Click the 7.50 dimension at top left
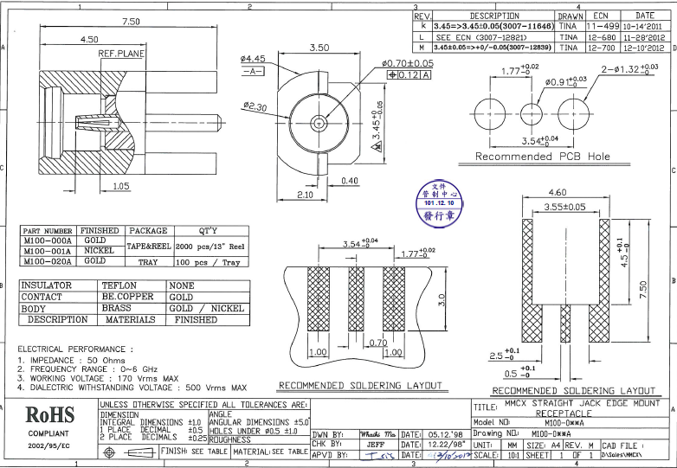(132, 21)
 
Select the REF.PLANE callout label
(120, 54)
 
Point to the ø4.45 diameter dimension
(253, 60)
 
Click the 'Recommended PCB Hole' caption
(538, 157)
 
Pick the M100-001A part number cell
(48, 250)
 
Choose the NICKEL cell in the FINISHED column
(98, 250)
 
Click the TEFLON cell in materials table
(119, 285)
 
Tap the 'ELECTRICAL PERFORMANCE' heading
(75, 349)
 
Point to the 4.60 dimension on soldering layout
(558, 192)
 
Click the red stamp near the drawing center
(442, 202)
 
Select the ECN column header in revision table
(599, 16)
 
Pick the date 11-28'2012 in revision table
(645, 37)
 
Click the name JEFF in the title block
(376, 444)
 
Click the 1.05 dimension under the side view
(120, 186)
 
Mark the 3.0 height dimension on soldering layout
(441, 302)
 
